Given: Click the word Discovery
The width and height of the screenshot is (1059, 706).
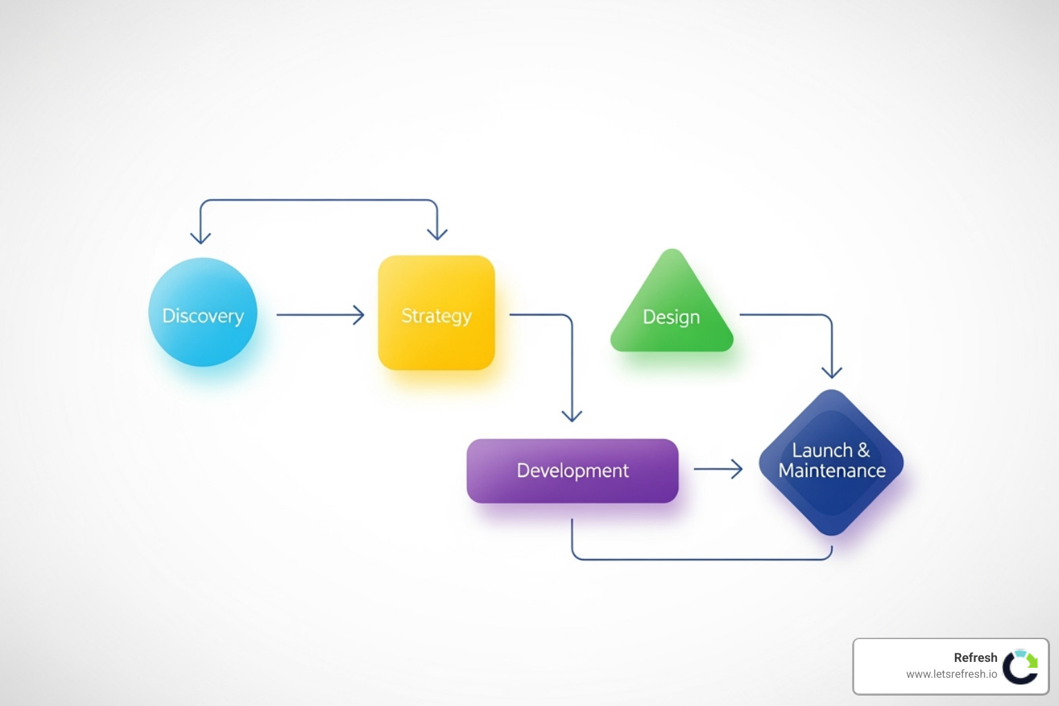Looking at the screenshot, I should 203,316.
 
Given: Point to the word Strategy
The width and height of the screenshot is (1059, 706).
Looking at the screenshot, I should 436,316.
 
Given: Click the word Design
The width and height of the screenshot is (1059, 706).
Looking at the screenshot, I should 672,316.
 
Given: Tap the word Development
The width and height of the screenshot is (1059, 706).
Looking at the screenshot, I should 573,471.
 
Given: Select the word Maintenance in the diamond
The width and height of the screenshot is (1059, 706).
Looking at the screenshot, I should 832,471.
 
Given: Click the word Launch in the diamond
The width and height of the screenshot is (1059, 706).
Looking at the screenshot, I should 823,450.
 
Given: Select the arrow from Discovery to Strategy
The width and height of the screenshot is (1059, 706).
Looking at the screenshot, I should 320,315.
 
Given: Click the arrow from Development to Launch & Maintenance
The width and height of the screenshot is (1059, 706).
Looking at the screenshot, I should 718,470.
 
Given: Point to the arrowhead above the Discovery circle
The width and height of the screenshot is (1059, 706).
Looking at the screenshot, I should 201,236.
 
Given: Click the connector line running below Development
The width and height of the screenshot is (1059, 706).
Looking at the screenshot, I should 702,559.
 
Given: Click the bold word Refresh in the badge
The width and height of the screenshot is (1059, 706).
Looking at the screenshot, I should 976,658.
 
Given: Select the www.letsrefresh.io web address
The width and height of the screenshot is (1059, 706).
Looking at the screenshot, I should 951,674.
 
